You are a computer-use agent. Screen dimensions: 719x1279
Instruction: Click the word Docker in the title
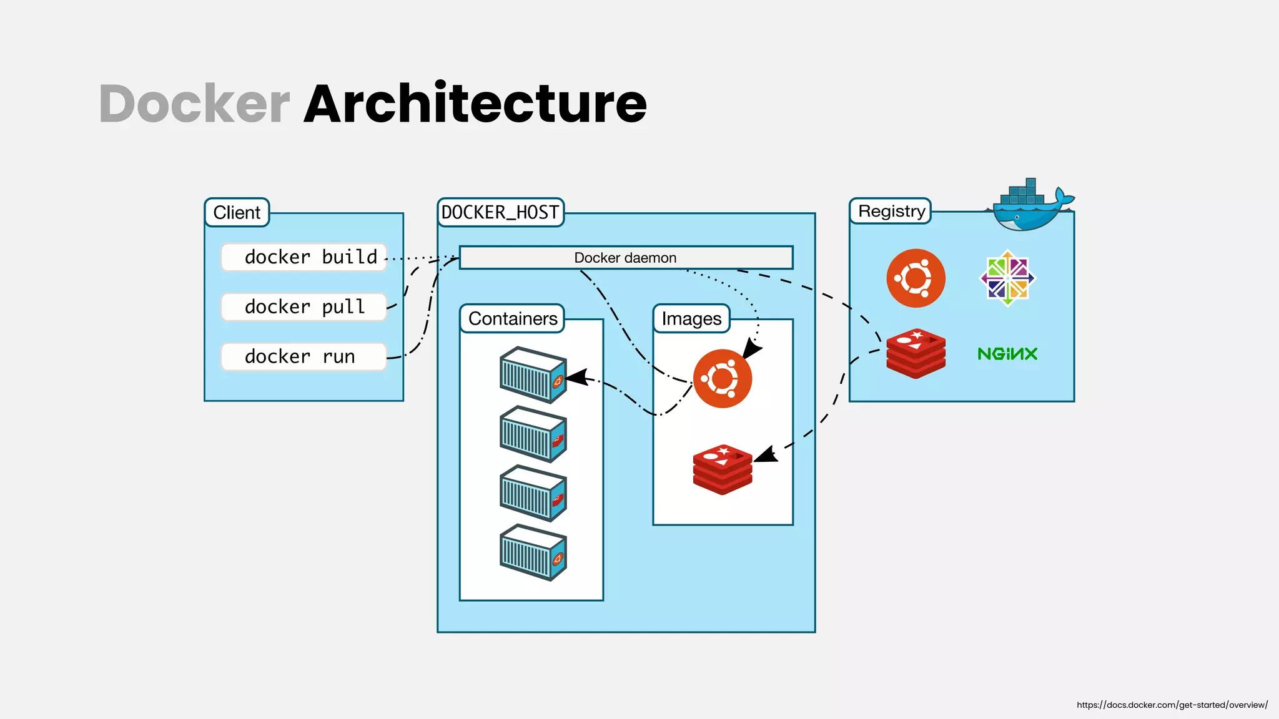click(194, 104)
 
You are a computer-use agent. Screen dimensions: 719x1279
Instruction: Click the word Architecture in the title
click(475, 104)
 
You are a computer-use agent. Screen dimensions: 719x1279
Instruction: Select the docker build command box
click(304, 257)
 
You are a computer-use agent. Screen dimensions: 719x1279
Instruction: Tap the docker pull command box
click(304, 307)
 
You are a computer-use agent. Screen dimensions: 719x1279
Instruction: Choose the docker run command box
click(304, 357)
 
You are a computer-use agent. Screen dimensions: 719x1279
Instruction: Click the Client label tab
click(237, 213)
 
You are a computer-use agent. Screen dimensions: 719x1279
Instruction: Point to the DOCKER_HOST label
click(500, 213)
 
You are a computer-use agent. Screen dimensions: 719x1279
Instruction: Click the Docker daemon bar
click(626, 258)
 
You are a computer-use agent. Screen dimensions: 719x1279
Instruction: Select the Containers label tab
click(512, 319)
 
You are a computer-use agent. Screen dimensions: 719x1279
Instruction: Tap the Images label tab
click(691, 319)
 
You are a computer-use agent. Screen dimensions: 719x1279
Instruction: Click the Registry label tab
click(891, 212)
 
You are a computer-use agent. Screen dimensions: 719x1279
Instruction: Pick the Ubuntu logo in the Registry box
click(916, 278)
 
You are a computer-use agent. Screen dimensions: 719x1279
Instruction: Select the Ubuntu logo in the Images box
click(723, 379)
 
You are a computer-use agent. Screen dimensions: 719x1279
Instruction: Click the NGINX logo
click(1007, 354)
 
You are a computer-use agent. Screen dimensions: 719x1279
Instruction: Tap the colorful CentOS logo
click(1007, 278)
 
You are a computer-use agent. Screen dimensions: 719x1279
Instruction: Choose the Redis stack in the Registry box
click(916, 354)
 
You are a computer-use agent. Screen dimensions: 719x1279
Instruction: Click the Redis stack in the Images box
click(723, 469)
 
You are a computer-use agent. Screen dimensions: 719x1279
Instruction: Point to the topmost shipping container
click(533, 374)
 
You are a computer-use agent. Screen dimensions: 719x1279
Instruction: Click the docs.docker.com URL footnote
click(1172, 705)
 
